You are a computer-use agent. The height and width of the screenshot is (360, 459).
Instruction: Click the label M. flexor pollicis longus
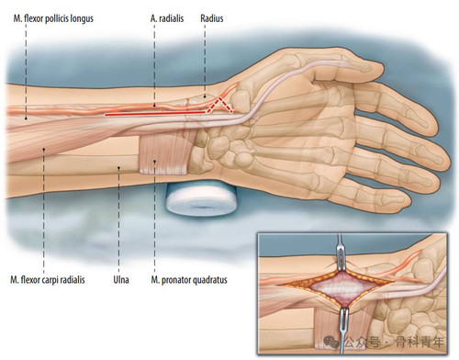tap(53, 18)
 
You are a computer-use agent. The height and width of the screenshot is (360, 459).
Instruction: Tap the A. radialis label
tap(167, 18)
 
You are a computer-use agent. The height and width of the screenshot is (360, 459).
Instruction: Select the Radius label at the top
tap(212, 18)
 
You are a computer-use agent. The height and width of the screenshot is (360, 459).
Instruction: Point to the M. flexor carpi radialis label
tap(48, 280)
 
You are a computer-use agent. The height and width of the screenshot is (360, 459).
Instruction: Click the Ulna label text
tap(121, 280)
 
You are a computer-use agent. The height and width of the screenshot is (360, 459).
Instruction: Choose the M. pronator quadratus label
tap(189, 280)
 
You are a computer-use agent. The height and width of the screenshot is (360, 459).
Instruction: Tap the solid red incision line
tap(155, 114)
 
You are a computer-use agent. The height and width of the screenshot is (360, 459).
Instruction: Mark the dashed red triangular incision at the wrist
tap(219, 106)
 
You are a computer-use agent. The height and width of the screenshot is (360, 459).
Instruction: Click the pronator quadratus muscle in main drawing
tap(163, 154)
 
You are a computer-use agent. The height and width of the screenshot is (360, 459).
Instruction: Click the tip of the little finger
tap(410, 202)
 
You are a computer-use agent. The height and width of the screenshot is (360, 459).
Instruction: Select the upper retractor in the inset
tap(341, 254)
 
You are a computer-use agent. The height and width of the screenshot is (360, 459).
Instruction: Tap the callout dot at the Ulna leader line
tap(119, 167)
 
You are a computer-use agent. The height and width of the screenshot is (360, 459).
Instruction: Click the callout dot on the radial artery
tap(154, 106)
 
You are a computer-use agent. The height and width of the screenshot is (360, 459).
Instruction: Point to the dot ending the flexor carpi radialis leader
tap(44, 150)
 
